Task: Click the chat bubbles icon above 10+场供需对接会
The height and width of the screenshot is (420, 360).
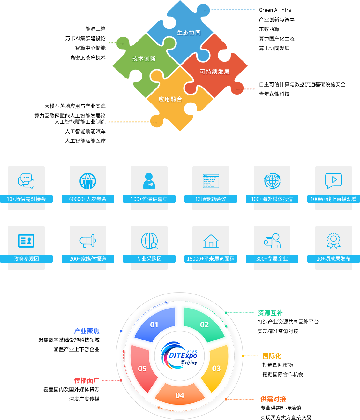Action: pyautogui.click(x=26, y=181)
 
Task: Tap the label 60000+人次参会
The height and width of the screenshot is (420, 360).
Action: pyautogui.click(x=88, y=199)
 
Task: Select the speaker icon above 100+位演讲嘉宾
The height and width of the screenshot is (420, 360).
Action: pyautogui.click(x=149, y=181)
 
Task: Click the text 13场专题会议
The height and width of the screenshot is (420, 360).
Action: pyautogui.click(x=211, y=199)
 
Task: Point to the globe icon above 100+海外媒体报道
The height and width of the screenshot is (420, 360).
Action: pyautogui.click(x=272, y=181)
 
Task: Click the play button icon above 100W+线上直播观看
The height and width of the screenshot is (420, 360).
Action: pyautogui.click(x=334, y=181)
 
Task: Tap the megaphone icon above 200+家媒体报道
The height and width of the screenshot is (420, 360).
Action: pyautogui.click(x=88, y=241)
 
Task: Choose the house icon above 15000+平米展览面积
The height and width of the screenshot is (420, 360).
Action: pyautogui.click(x=211, y=241)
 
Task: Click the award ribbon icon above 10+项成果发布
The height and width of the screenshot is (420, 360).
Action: pyautogui.click(x=334, y=241)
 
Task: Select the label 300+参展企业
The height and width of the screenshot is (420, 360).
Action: pyautogui.click(x=272, y=259)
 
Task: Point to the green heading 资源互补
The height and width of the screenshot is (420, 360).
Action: pyautogui.click(x=270, y=313)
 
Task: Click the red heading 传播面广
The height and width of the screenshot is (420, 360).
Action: pyautogui.click(x=86, y=381)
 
